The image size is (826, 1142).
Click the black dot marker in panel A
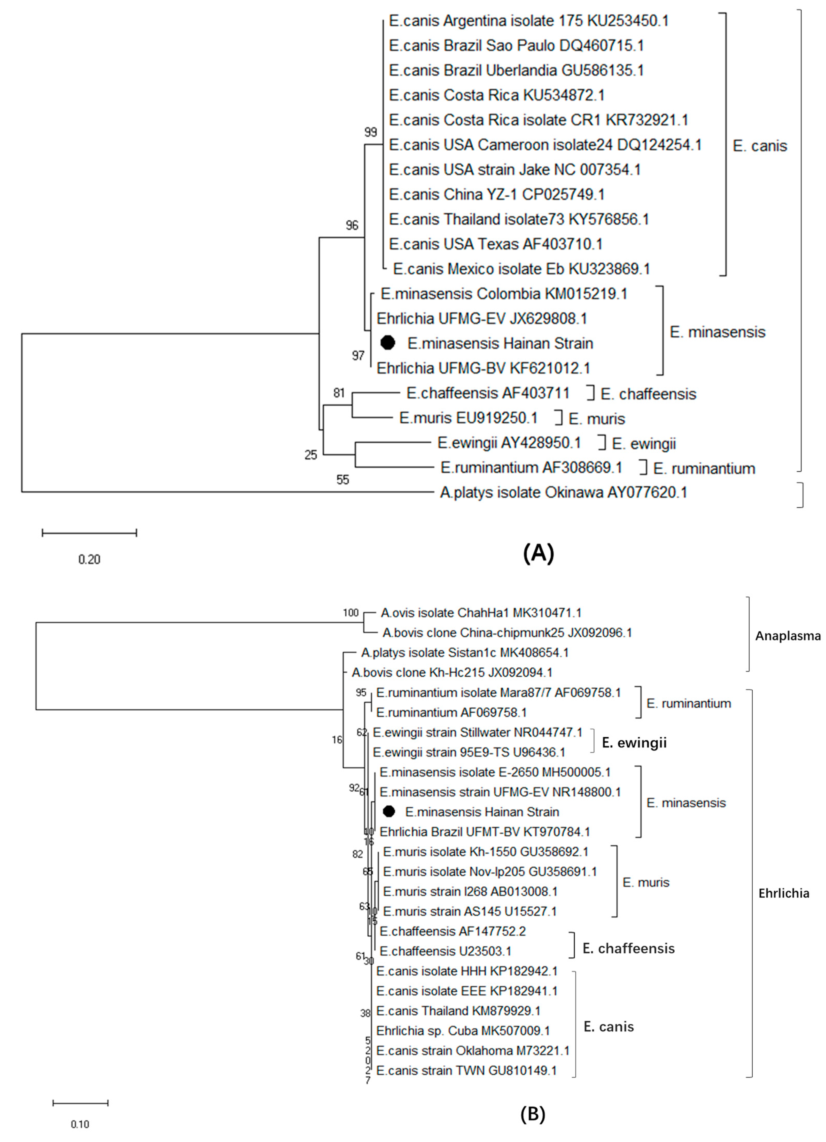pos(387,343)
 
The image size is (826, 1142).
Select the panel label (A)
pos(538,553)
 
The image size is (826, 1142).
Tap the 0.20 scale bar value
pos(89,559)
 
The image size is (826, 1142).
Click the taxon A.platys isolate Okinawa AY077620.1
pos(563,492)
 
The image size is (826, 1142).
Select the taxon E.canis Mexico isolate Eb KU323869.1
pos(521,269)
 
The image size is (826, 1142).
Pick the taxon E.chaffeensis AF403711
pos(488,393)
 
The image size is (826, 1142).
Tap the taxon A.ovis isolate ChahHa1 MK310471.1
pos(481,613)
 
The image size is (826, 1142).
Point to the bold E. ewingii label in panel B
pos(634,743)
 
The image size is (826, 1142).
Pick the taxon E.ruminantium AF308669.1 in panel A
pos(531,468)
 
